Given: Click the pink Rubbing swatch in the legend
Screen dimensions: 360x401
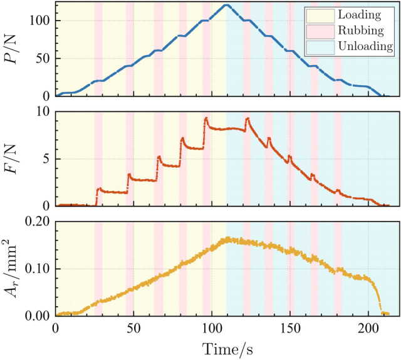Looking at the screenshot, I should click(315, 30).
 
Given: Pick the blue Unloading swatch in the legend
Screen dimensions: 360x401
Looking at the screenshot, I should click(315, 46).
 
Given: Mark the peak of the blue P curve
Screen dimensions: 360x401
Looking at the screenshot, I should click(226, 5).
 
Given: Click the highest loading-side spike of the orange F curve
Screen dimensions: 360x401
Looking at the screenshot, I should click(206, 118).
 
